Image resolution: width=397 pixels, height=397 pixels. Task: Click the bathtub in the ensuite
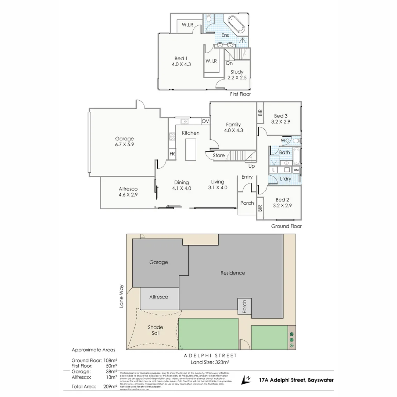(x=235, y=25)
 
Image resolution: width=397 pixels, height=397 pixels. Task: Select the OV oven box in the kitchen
(x=205, y=121)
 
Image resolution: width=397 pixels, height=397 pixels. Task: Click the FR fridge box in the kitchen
(x=172, y=154)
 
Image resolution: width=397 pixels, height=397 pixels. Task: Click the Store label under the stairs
(x=218, y=155)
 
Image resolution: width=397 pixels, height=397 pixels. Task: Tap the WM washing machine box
(x=296, y=170)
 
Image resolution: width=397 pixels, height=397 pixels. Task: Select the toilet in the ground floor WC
(x=296, y=140)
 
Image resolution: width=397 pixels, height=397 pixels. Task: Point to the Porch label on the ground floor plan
(x=247, y=203)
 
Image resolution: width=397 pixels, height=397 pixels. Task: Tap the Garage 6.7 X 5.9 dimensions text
(x=124, y=144)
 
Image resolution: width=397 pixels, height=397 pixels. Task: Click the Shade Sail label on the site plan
(x=155, y=330)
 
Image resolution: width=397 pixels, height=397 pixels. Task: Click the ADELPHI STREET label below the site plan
(x=210, y=355)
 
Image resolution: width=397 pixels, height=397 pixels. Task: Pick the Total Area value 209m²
(x=110, y=386)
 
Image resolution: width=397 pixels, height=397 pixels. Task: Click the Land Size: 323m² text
(x=210, y=362)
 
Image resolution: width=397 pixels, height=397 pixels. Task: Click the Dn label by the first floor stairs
(x=229, y=63)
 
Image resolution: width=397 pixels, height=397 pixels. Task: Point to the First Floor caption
(x=240, y=94)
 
